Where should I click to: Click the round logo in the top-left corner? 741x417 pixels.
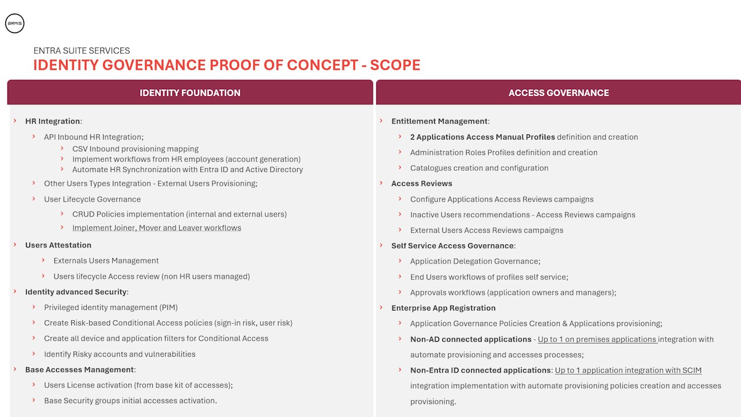click(14, 24)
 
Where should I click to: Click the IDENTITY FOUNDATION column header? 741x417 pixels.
click(190, 93)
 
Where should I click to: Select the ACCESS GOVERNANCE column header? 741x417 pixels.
click(559, 93)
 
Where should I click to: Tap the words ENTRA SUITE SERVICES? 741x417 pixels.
click(82, 51)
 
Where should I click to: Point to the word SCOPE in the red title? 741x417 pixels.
click(395, 65)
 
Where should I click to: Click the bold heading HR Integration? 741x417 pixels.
click(53, 122)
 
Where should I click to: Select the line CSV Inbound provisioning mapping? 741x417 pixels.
click(135, 149)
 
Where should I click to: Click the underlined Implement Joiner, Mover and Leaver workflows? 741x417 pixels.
click(156, 228)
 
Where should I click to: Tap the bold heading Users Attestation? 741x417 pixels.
click(58, 246)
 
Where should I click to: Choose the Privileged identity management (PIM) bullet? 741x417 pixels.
click(111, 308)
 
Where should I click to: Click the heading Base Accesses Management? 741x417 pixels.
click(80, 370)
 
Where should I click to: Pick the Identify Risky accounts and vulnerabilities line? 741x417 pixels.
click(119, 354)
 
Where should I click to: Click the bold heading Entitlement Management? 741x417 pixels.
click(439, 122)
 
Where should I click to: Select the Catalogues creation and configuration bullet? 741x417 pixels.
click(479, 169)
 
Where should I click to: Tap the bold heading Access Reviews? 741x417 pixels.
click(421, 184)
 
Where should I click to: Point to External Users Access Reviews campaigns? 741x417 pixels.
click(486, 231)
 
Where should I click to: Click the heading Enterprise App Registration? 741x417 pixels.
click(443, 308)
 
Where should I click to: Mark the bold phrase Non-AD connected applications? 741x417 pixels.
click(471, 339)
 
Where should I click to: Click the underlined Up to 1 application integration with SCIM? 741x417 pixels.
click(628, 371)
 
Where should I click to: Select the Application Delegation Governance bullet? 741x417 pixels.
click(475, 262)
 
